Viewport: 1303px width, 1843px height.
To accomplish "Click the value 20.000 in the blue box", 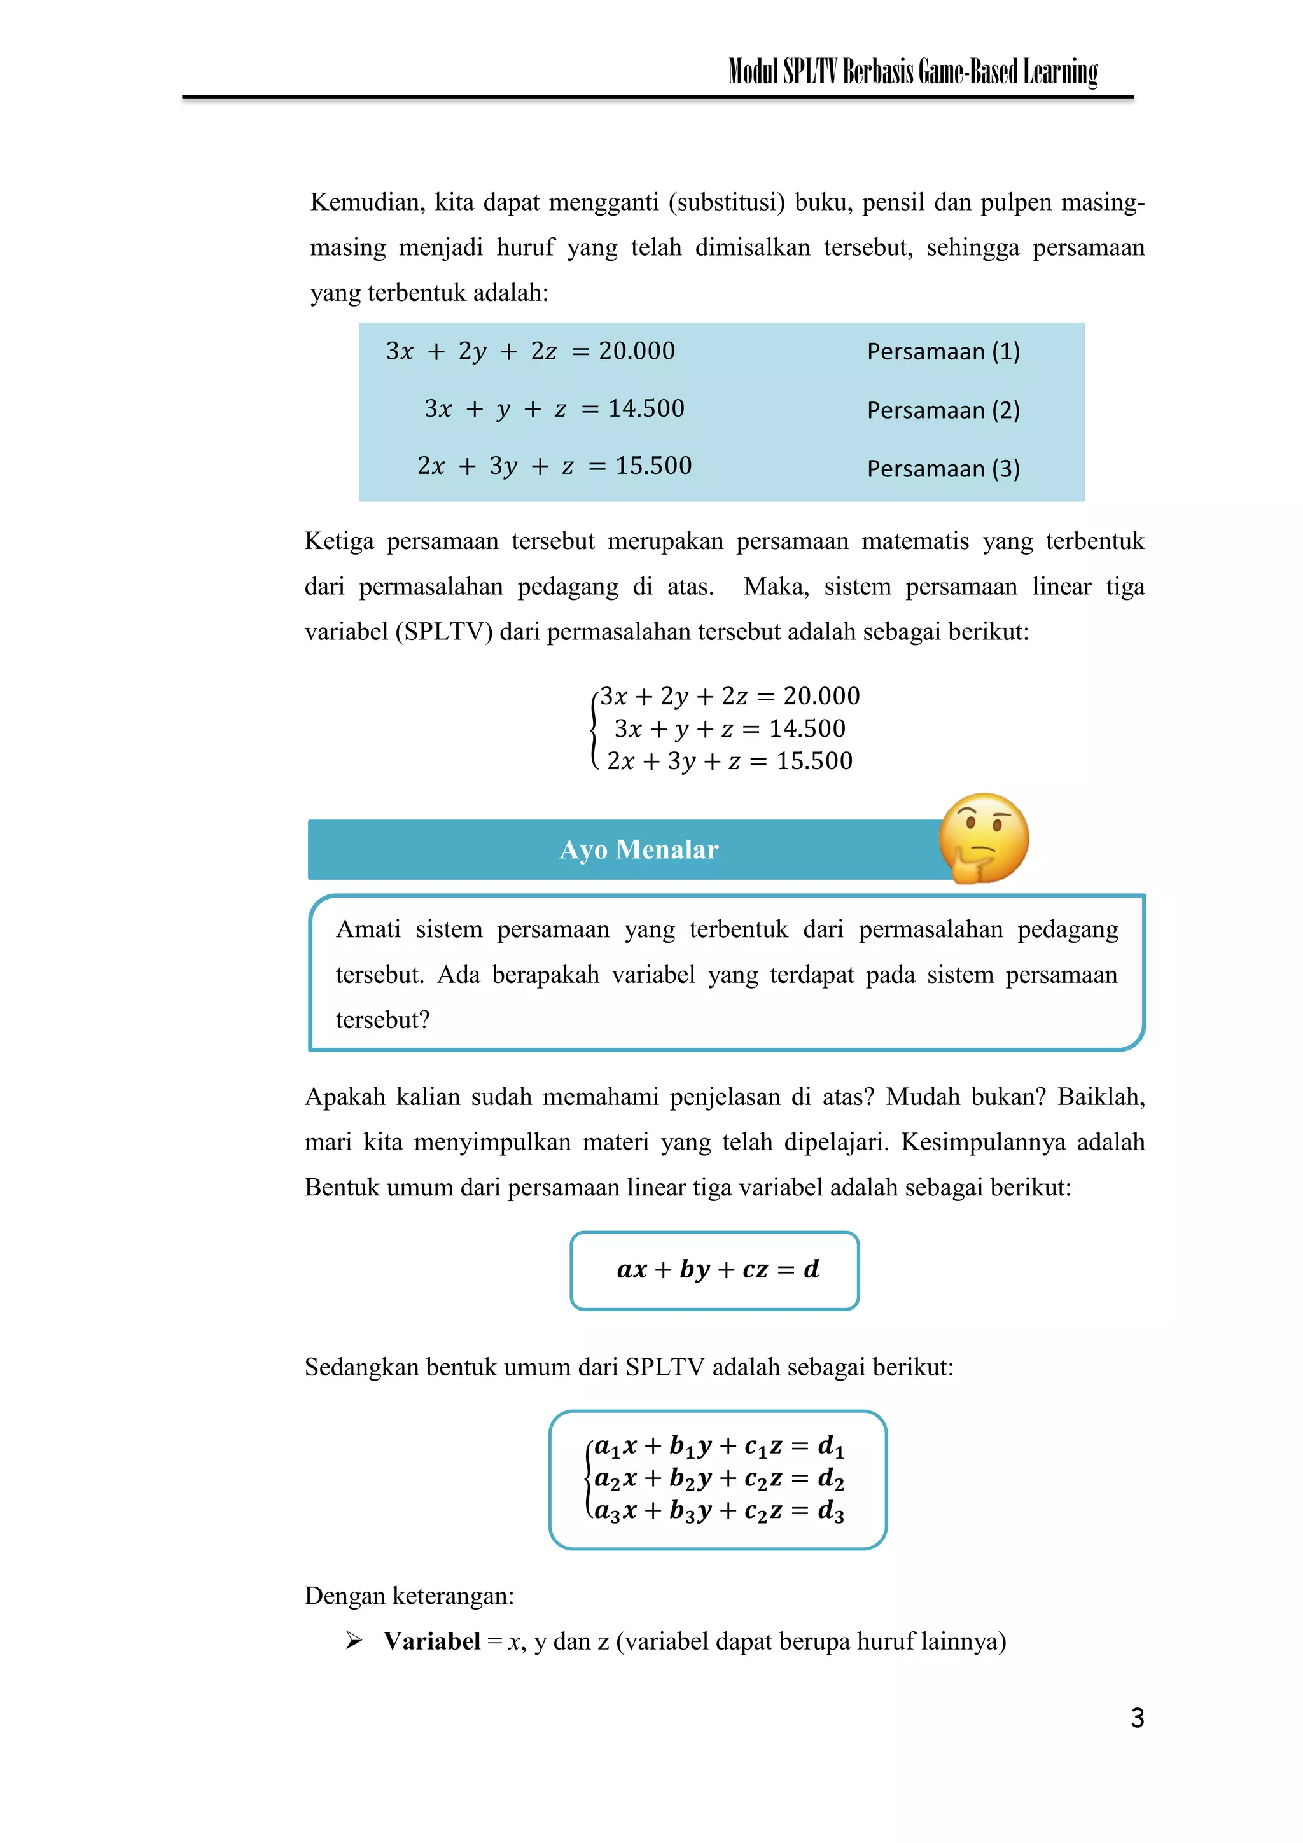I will click(637, 351).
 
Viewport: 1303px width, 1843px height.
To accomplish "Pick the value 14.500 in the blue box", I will click(646, 408).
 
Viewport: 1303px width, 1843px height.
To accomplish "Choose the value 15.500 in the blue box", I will click(653, 466).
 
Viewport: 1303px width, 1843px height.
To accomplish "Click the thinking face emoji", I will click(983, 839).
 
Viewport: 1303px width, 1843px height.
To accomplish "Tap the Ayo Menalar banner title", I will click(638, 849).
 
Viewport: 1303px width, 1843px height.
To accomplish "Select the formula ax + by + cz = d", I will click(717, 1269).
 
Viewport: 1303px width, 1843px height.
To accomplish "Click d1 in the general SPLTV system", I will click(830, 1447).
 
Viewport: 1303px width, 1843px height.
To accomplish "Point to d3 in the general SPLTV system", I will click(830, 1512).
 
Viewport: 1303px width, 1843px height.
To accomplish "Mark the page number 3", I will click(1137, 1718).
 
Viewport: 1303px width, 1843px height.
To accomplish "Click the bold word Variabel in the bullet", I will click(432, 1641).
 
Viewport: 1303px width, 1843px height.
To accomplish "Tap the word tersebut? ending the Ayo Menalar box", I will click(382, 1020).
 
